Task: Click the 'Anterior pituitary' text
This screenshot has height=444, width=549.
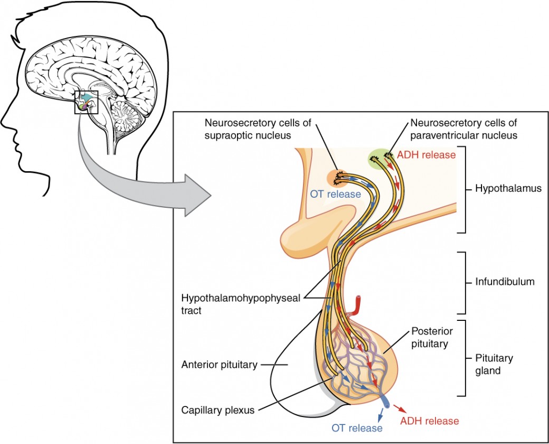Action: pos(220,364)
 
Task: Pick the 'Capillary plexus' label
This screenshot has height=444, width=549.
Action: pos(214,409)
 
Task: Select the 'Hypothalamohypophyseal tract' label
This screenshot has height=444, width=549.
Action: pos(241,304)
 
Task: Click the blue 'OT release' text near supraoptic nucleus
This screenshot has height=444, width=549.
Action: pos(336,194)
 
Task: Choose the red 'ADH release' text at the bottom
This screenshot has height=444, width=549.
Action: pos(429,421)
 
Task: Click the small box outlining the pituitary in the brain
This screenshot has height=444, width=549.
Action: pos(86,103)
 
